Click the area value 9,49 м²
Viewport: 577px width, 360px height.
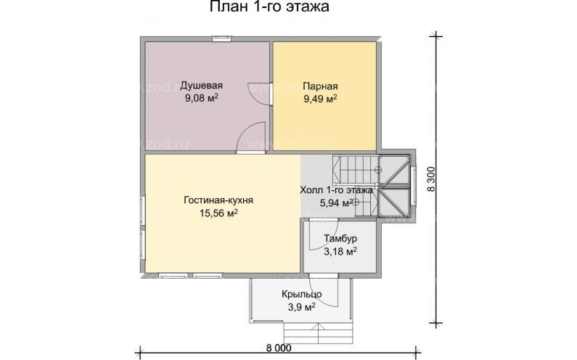click(320, 98)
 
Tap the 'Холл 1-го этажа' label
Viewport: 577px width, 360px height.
click(336, 190)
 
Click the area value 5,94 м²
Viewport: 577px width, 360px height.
click(336, 203)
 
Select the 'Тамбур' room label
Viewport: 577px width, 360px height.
click(340, 238)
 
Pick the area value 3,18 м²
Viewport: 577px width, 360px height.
click(340, 252)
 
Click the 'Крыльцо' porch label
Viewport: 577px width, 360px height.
click(303, 295)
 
